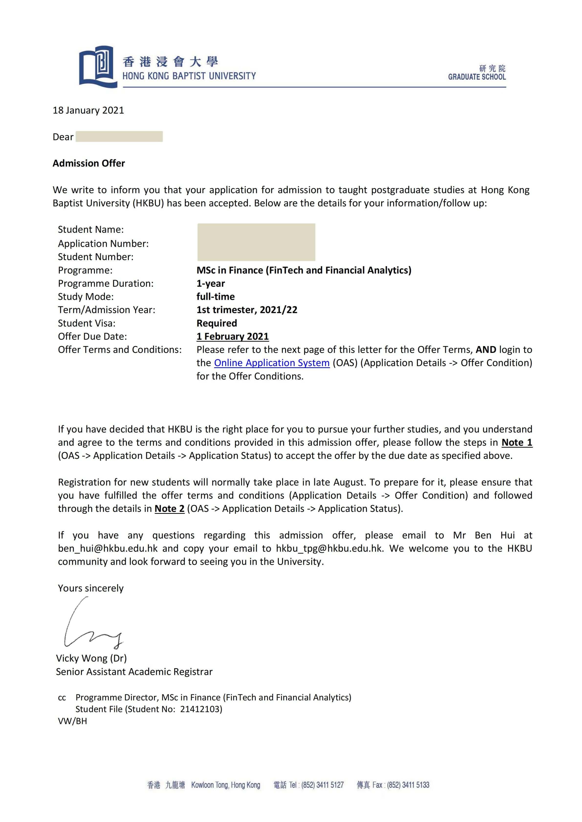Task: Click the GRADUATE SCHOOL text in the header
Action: click(x=477, y=77)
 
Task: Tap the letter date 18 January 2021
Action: click(x=88, y=110)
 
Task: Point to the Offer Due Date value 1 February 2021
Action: click(x=233, y=336)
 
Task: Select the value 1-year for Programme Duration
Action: click(x=211, y=283)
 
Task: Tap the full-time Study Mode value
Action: click(x=215, y=296)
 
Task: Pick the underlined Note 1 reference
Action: click(x=516, y=443)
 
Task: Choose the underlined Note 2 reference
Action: click(x=169, y=508)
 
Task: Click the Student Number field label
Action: click(x=96, y=257)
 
